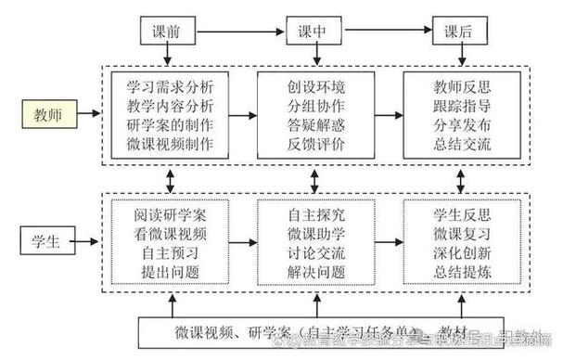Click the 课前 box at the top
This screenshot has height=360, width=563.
pos(169,32)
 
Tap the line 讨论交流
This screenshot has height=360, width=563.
pos(315,252)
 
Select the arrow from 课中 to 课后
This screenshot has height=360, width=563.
pos(390,32)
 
